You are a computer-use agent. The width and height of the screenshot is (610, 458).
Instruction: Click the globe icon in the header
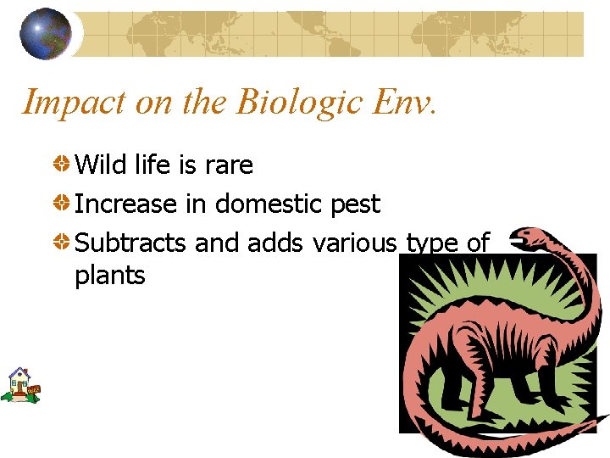46,33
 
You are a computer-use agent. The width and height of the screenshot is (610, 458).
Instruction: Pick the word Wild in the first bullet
101,165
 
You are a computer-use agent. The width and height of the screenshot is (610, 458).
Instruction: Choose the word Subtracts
130,243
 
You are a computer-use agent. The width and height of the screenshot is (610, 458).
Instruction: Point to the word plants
110,276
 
